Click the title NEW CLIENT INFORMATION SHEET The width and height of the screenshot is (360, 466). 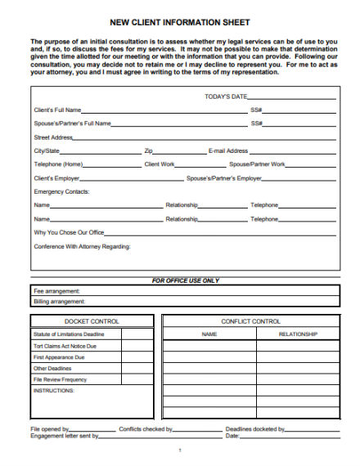pos(180,22)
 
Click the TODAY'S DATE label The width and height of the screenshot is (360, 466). pos(225,96)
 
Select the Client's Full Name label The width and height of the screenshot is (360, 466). pos(57,110)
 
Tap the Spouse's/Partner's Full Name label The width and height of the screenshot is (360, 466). pos(72,123)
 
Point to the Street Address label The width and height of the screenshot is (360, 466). pos(54,137)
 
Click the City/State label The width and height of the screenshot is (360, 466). pos(47,151)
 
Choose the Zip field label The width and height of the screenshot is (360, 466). pos(149,151)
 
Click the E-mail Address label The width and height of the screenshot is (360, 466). pos(228,151)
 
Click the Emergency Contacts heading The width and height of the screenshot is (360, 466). pos(61,191)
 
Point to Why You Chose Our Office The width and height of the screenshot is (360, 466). pos(69,233)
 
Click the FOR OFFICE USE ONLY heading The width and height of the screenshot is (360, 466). pos(186,280)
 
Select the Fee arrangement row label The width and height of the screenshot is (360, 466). pos(56,291)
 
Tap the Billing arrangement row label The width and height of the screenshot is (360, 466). pos(59,301)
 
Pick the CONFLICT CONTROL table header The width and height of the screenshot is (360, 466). pos(250,321)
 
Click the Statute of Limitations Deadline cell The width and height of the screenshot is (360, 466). pos(69,334)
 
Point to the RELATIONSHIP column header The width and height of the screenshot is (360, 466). pos(297,334)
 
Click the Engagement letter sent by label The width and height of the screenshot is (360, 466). pos(65,436)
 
